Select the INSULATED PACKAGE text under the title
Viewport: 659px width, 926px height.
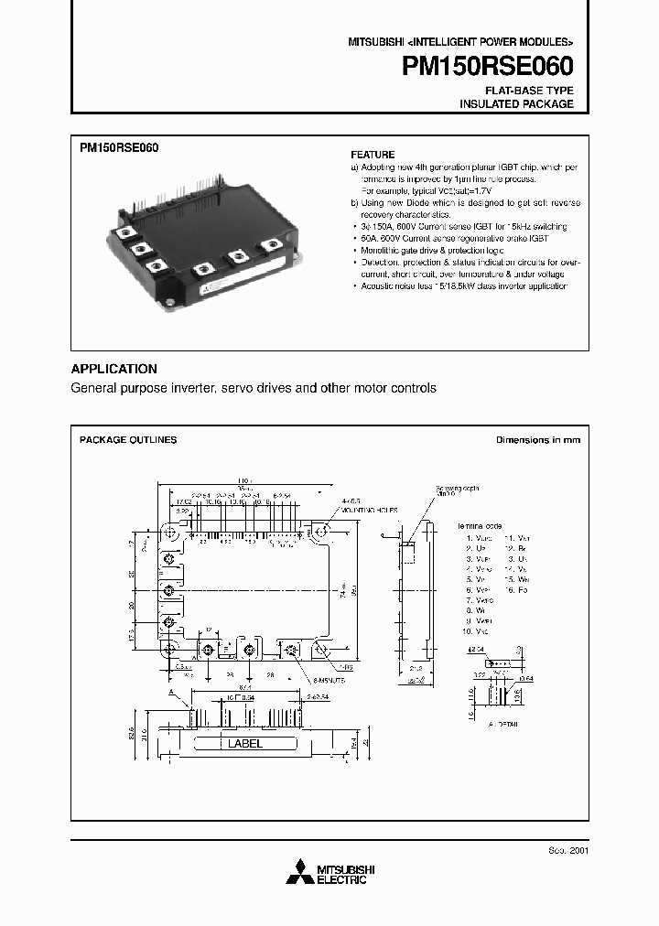(x=516, y=104)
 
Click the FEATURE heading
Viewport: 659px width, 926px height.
(x=373, y=155)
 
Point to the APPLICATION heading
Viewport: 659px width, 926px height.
(x=114, y=369)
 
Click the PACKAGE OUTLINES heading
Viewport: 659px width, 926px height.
(x=128, y=440)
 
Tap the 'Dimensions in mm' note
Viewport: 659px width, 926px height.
(x=538, y=440)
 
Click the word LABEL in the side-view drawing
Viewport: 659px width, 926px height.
(x=243, y=744)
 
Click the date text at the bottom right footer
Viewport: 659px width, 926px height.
(x=569, y=850)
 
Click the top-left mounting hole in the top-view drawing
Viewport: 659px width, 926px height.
(x=169, y=531)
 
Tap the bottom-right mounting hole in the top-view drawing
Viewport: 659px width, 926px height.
(x=322, y=648)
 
